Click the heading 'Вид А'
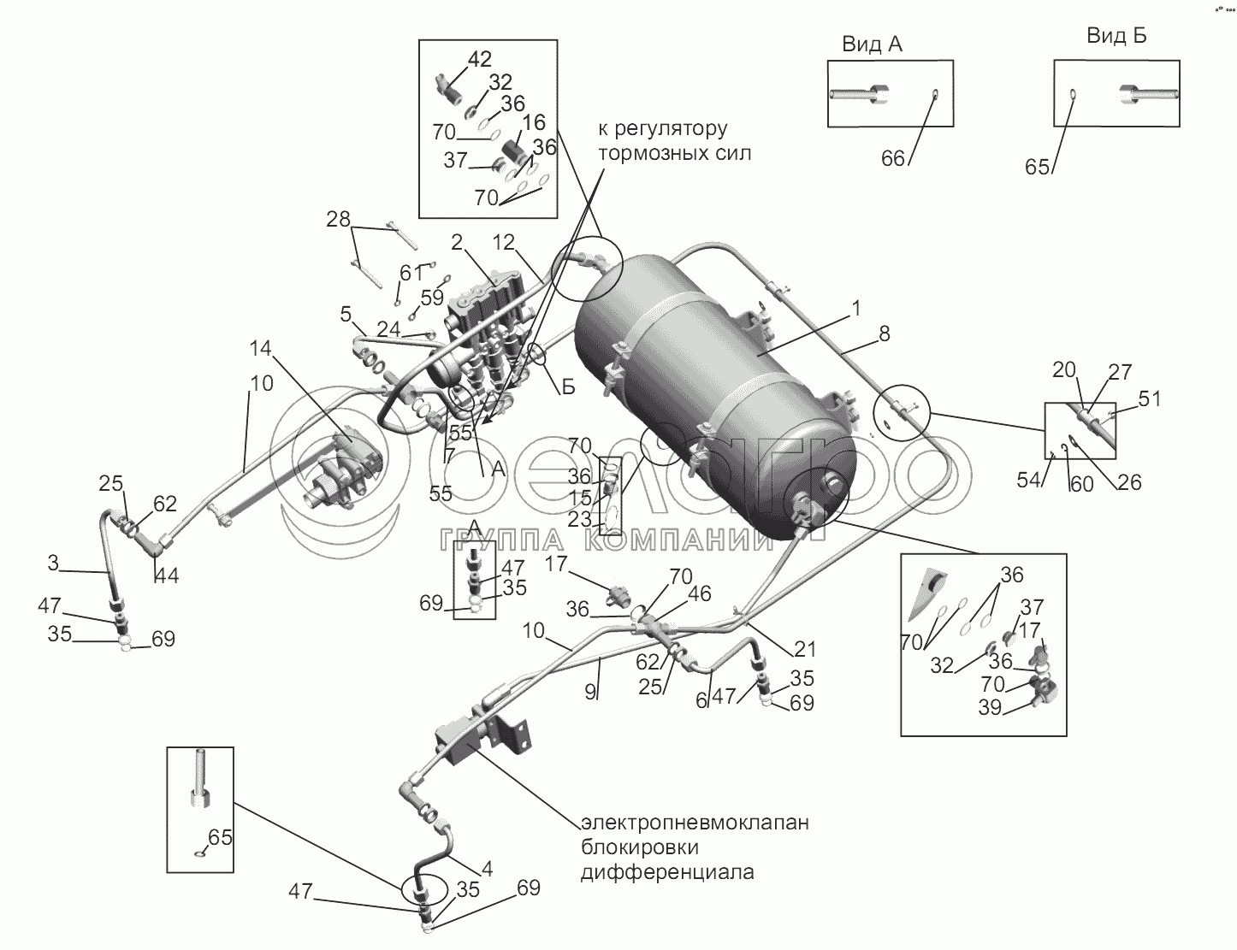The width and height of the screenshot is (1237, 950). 872,44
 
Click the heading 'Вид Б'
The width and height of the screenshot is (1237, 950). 1116,36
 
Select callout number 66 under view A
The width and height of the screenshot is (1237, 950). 893,159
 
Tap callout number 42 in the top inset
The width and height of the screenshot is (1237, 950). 480,59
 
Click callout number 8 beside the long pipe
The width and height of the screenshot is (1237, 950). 885,334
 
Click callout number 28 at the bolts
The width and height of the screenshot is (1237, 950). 339,220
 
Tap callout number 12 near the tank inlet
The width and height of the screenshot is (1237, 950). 504,243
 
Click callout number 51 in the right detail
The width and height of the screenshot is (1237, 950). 1151,399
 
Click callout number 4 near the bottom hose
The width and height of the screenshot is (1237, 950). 487,870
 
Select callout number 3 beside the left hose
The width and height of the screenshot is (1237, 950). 53,564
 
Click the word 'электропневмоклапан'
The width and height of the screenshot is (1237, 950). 695,823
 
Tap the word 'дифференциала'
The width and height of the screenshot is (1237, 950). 667,873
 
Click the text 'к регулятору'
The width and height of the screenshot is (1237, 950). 662,129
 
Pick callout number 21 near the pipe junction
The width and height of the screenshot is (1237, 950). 805,649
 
